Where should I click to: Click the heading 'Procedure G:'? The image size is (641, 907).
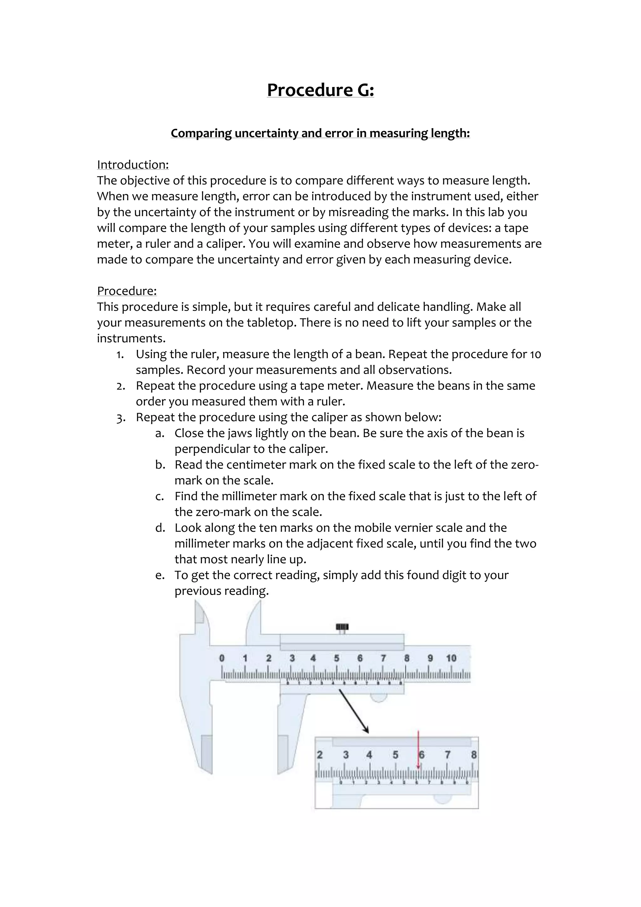point(320,90)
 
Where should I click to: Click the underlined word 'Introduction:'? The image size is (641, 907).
point(133,165)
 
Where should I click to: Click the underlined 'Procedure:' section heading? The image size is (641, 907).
point(127,291)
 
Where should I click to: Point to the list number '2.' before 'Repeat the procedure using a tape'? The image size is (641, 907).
point(121,386)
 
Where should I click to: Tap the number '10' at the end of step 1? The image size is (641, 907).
point(535,354)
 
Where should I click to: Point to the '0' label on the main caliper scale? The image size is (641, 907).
point(222,658)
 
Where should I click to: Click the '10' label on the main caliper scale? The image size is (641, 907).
point(451,658)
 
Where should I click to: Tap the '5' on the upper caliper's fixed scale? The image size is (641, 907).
point(336,658)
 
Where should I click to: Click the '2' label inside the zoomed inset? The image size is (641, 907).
point(320,755)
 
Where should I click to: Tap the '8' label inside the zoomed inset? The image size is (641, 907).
point(474,755)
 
